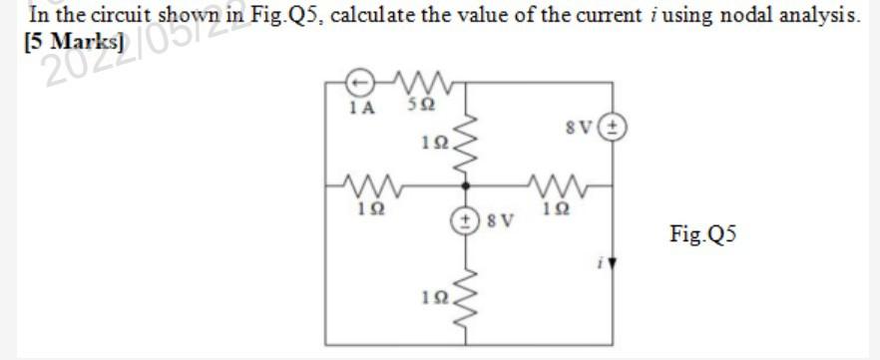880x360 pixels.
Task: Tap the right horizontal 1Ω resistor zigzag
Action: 555,184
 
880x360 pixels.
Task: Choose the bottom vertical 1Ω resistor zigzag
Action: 467,289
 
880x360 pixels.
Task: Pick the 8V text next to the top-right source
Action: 579,127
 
